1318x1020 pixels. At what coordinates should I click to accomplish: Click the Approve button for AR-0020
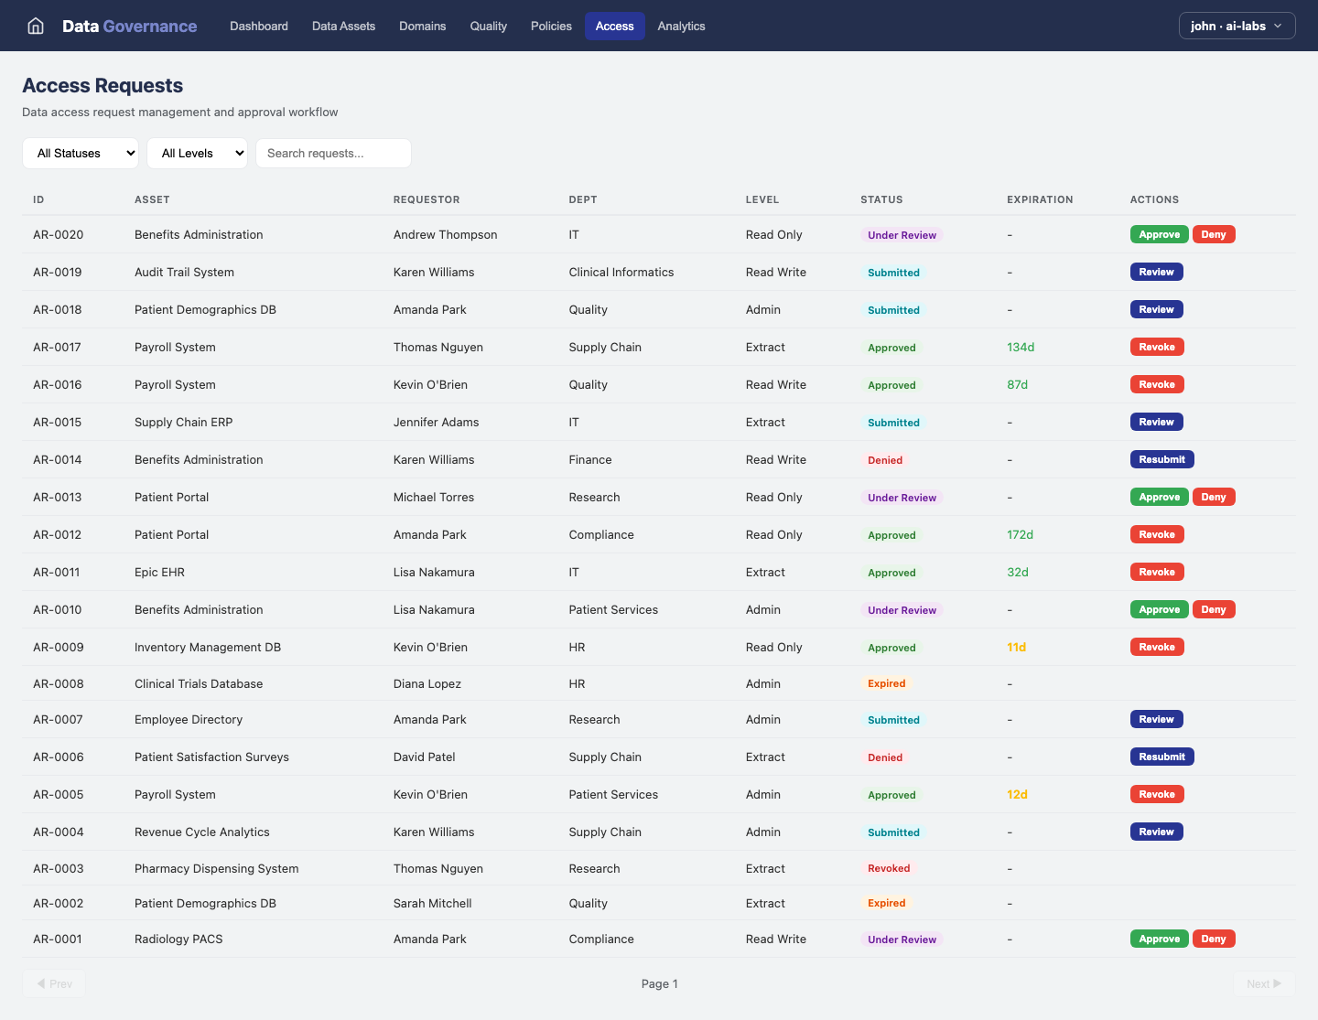1159,235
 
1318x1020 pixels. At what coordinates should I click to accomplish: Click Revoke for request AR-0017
1157,348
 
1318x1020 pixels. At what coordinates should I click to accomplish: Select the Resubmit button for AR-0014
1161,460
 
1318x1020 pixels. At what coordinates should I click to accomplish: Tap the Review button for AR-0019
1156,273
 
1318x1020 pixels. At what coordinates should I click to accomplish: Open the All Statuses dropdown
81,154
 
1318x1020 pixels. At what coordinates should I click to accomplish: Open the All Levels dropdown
197,154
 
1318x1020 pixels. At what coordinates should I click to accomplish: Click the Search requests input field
333,154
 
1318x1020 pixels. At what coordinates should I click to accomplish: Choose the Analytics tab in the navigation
681,27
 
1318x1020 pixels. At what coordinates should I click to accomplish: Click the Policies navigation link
551,27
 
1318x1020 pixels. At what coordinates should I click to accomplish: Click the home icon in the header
36,27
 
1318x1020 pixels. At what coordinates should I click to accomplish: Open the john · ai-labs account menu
1237,27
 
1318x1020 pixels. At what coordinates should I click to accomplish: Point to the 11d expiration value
1016,648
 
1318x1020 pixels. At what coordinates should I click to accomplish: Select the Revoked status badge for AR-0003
889,869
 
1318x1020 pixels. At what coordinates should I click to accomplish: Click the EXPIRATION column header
1040,199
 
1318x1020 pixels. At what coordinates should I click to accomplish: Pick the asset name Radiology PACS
178,939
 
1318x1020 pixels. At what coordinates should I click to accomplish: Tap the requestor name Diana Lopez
427,684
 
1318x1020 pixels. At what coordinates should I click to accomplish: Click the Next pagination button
1263,984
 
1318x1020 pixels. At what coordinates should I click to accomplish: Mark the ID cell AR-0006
59,757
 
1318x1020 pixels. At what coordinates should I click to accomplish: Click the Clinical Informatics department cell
621,273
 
